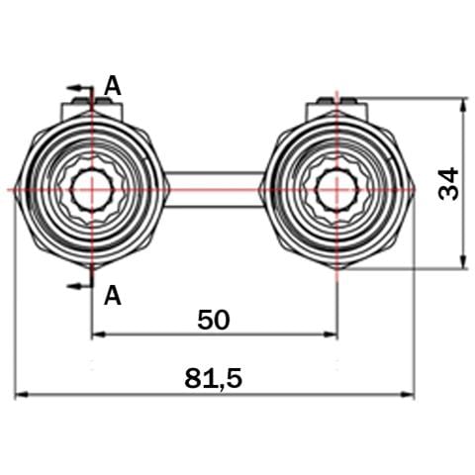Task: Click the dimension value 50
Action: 214,320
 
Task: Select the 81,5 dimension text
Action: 214,378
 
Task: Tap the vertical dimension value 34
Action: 448,184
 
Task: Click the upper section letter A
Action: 113,85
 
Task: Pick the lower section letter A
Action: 113,295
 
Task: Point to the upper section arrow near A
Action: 79,88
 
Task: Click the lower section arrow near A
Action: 79,286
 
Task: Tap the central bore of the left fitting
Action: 92,190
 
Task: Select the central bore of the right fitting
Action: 336,190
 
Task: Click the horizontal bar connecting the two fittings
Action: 215,190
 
